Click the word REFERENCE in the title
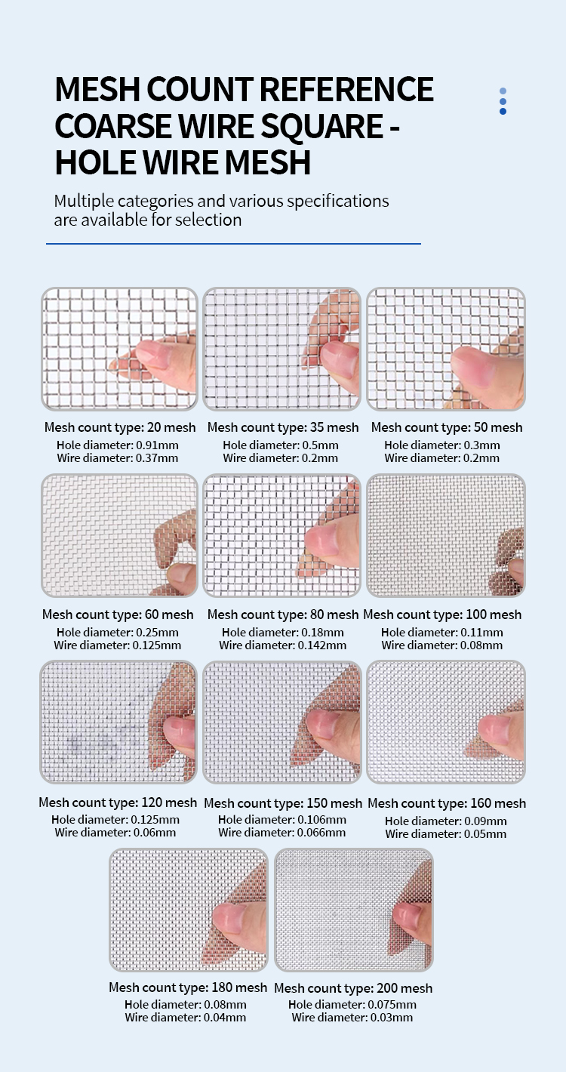point(346,90)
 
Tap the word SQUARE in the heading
point(321,126)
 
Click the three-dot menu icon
point(503,101)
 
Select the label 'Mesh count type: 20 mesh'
point(120,427)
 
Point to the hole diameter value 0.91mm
point(157,445)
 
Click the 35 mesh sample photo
point(281,349)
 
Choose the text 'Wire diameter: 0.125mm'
point(117,645)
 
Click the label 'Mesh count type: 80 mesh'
point(283,614)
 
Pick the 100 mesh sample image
point(446,535)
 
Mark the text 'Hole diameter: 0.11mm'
point(441,632)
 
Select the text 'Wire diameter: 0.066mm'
point(281,832)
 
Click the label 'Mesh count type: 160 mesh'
point(447,803)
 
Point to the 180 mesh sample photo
point(189,910)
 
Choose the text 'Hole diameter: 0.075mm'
point(352,1004)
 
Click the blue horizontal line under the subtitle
point(233,244)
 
